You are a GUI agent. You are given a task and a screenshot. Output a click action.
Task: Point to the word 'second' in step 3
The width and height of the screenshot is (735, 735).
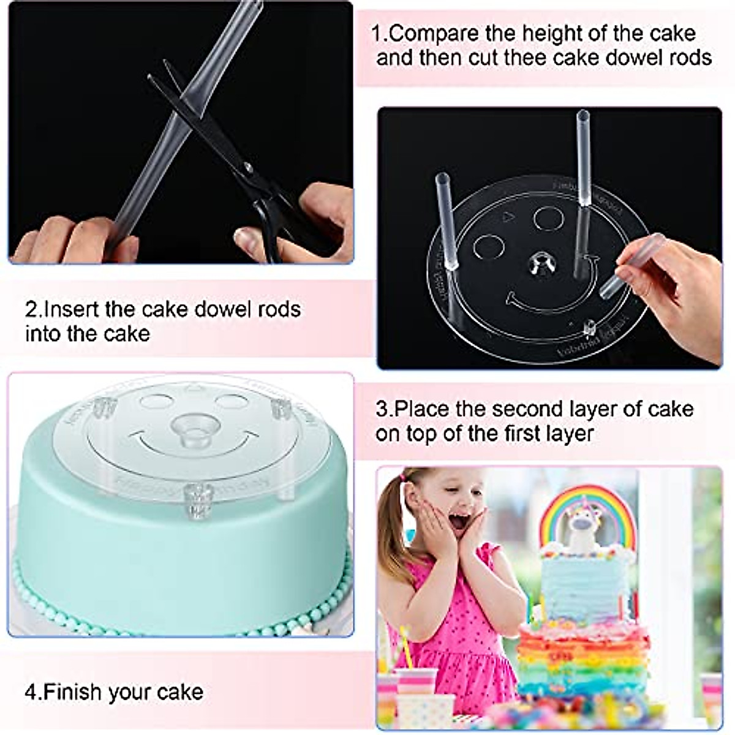point(535,409)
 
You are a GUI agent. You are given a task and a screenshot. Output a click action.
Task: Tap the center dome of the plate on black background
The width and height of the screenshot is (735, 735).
point(542,263)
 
